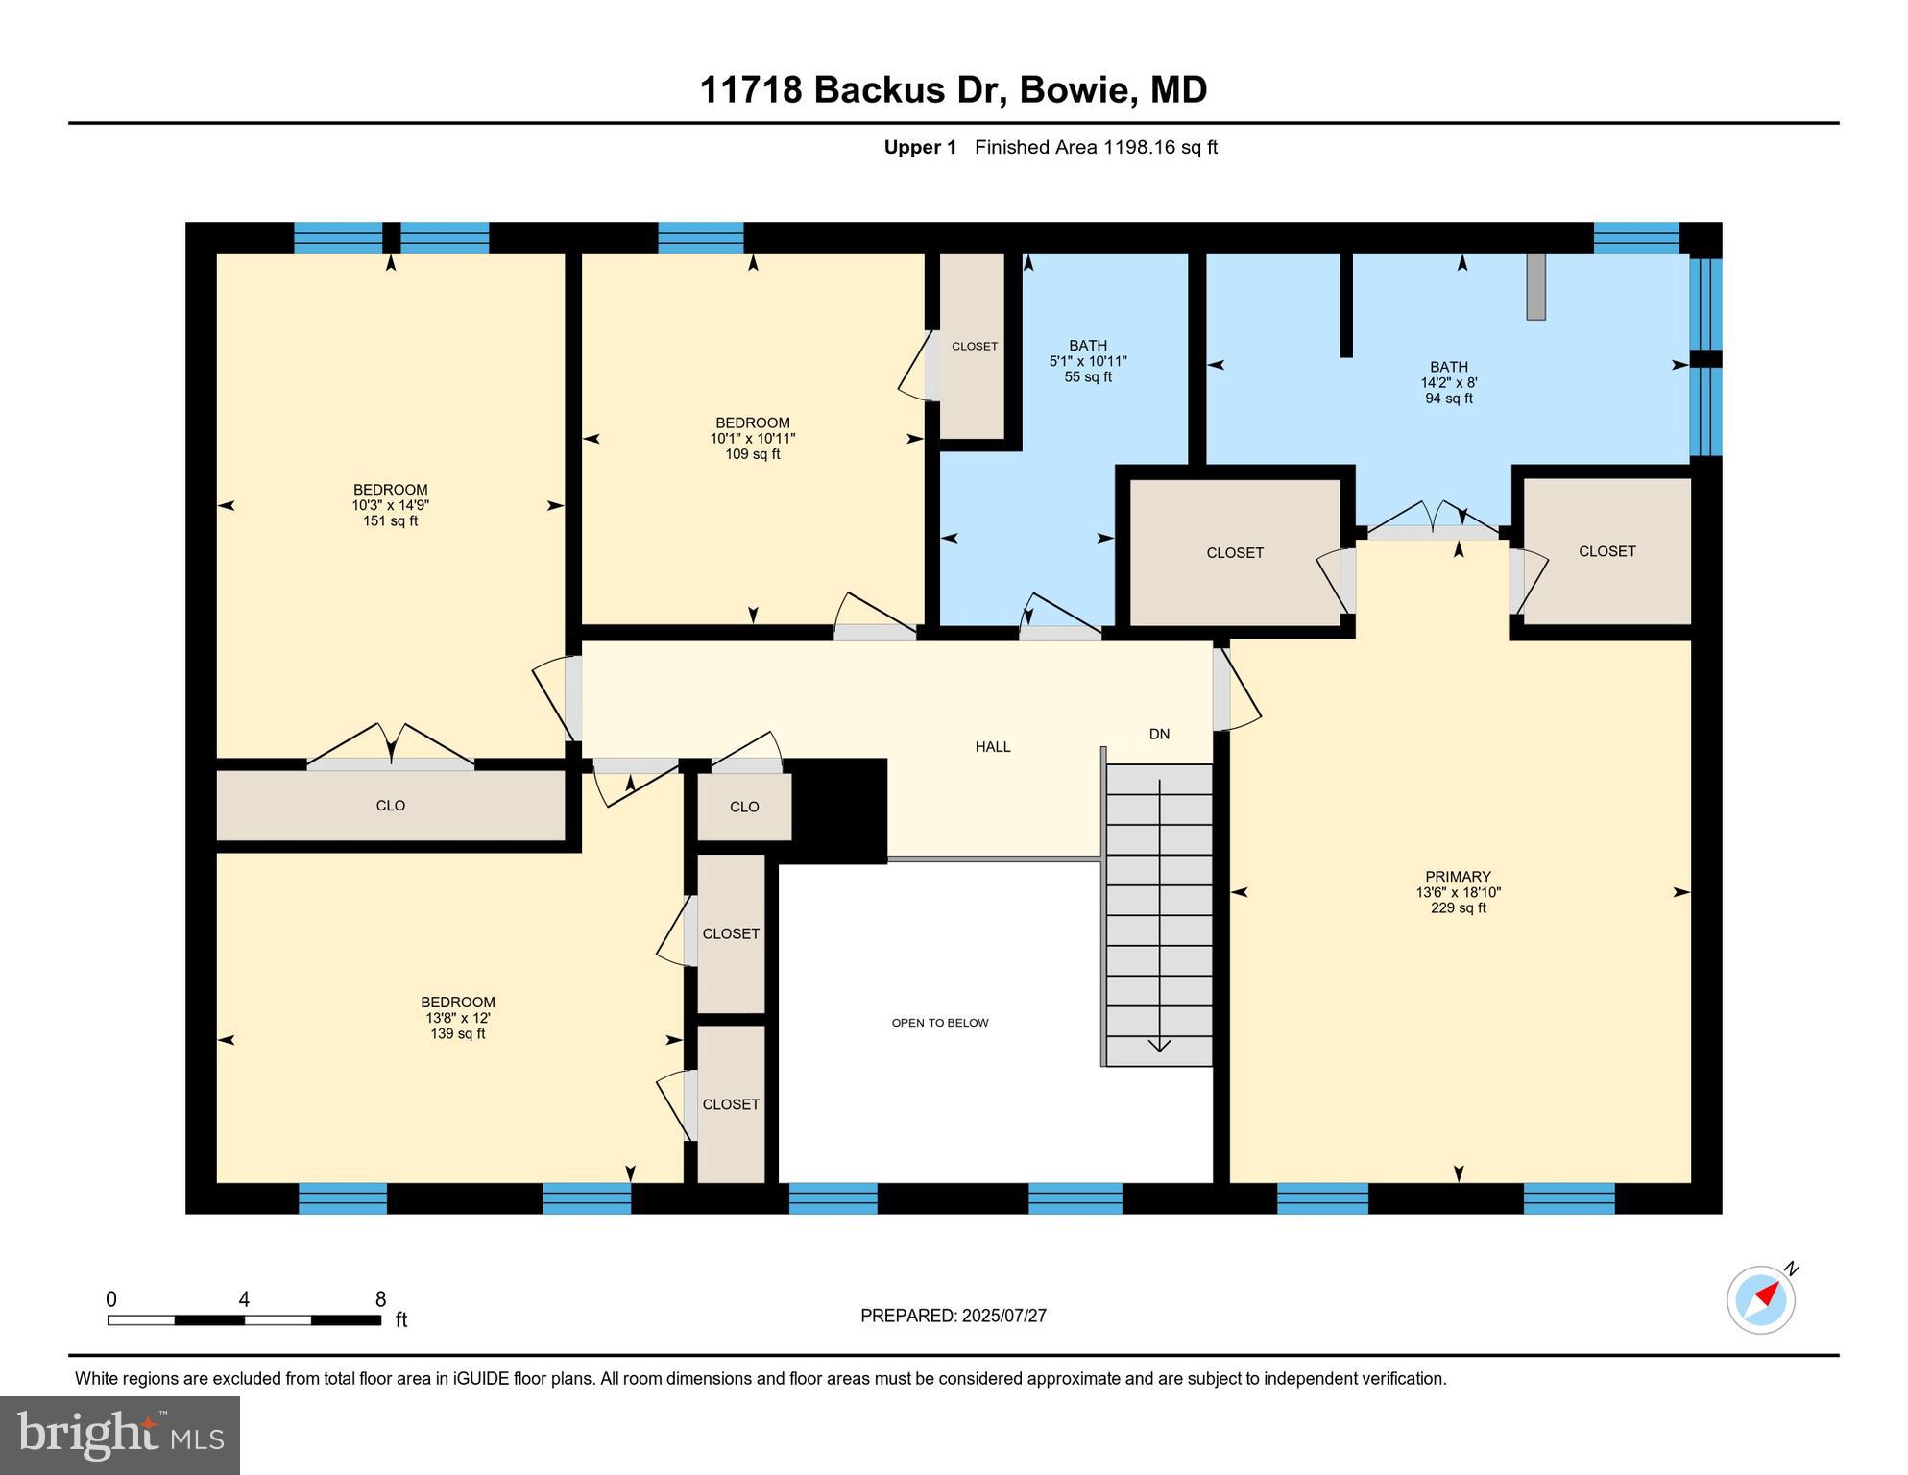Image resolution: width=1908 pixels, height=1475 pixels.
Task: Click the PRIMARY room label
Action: pos(1458,876)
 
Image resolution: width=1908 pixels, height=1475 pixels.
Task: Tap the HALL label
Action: pos(993,746)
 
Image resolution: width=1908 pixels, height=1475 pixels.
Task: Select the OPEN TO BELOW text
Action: pos(940,1023)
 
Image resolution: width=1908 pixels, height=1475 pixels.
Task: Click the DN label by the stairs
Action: pos(1160,734)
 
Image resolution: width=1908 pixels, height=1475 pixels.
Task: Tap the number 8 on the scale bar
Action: pos(381,1299)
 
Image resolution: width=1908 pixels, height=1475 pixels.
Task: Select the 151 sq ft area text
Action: pos(391,521)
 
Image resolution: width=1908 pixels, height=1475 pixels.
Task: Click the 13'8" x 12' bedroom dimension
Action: pos(458,1018)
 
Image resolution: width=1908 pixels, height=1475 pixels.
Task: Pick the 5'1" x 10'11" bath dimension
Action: pos(1088,361)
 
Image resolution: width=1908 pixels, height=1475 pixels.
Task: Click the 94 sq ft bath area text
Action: pos(1449,398)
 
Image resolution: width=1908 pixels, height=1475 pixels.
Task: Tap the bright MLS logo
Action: pos(120,1435)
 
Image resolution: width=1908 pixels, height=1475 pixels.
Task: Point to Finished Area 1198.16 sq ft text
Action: pos(1096,147)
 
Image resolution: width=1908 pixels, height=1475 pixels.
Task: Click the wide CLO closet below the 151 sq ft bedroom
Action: pos(391,806)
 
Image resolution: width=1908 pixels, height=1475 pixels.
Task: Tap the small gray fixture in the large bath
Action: pos(1536,286)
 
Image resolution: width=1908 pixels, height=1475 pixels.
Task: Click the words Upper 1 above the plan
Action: pos(920,147)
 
